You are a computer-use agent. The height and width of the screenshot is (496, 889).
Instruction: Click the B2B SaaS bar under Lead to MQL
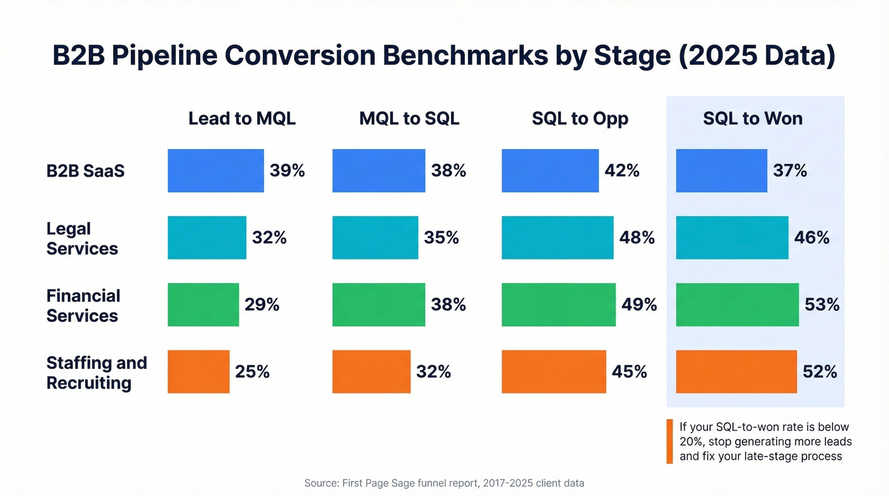coord(215,171)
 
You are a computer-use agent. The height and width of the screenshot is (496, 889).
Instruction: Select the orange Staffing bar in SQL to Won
coord(736,372)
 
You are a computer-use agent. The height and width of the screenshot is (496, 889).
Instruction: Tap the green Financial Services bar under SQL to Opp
coord(558,305)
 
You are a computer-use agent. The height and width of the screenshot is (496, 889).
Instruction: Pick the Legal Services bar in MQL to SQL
coord(375,238)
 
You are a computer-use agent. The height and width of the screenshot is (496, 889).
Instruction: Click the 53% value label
coord(822,305)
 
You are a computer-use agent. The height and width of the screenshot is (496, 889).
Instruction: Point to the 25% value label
coord(252,372)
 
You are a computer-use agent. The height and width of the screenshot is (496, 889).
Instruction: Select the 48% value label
coord(637,238)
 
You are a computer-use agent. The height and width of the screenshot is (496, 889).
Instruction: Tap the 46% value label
coord(812,238)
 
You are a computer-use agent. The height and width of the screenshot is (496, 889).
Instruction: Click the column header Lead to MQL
coord(242,119)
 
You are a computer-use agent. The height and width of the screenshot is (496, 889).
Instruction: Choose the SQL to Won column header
coord(752,119)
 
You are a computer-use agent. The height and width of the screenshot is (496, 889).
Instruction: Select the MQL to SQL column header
coord(409,119)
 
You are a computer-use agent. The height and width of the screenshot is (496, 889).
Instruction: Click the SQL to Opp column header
coord(580,119)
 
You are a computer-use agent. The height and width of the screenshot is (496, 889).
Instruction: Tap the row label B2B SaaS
coord(85,171)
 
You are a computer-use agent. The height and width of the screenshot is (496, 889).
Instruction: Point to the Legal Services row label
coord(82,238)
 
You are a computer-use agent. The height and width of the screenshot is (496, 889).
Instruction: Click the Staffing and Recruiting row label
coord(96,373)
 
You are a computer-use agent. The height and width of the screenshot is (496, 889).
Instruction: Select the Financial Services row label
coord(83,305)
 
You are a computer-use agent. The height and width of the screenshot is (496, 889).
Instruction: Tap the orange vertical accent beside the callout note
coord(669,441)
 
